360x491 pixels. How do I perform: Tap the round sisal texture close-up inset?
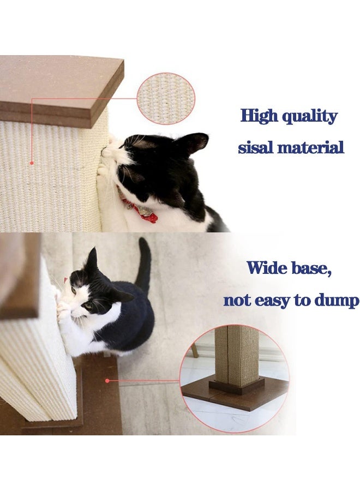coord(165,98)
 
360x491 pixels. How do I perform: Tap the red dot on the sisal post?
coord(32,162)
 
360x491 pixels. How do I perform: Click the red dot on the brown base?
coord(107,380)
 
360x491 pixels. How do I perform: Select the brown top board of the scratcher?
coord(60,87)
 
